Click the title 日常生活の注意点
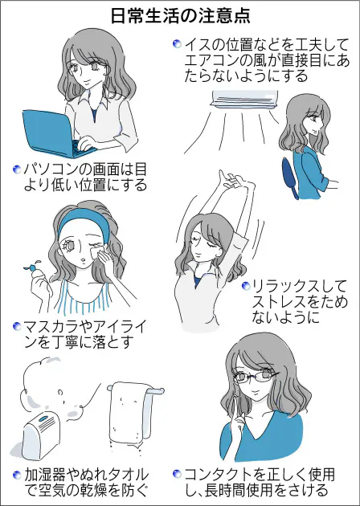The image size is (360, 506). [180, 14]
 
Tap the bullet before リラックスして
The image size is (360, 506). [244, 286]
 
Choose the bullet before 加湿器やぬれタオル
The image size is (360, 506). [16, 474]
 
